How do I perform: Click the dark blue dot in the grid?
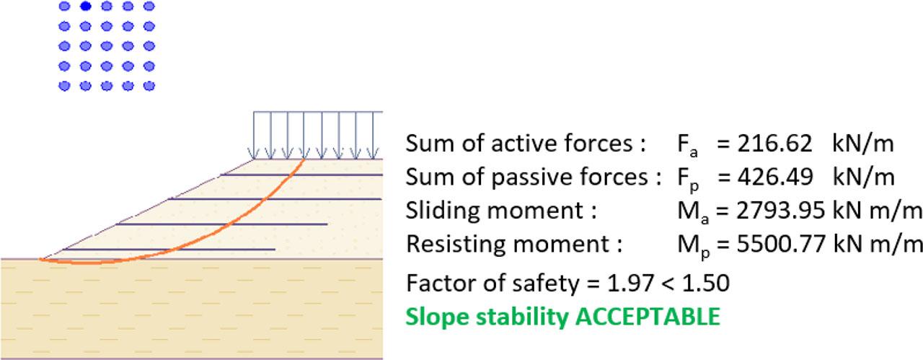(85, 6)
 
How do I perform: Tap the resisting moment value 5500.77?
(780, 244)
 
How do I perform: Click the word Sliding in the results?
(441, 211)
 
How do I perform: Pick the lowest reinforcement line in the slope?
(169, 250)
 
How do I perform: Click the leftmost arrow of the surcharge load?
(254, 137)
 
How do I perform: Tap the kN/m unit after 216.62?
(863, 144)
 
